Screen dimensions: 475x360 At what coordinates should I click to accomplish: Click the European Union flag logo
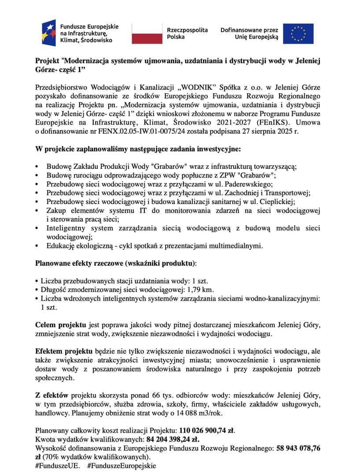[x=298, y=33]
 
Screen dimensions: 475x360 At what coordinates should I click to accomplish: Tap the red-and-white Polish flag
[x=147, y=33]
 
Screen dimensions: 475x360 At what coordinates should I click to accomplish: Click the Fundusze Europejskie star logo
[x=49, y=33]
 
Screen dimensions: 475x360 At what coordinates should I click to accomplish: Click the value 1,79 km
[x=200, y=289]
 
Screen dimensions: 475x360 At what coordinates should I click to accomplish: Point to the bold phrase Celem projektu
[x=61, y=325]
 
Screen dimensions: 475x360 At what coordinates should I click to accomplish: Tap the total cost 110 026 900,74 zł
[x=209, y=431]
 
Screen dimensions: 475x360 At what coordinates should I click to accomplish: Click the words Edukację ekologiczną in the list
[x=79, y=245]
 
